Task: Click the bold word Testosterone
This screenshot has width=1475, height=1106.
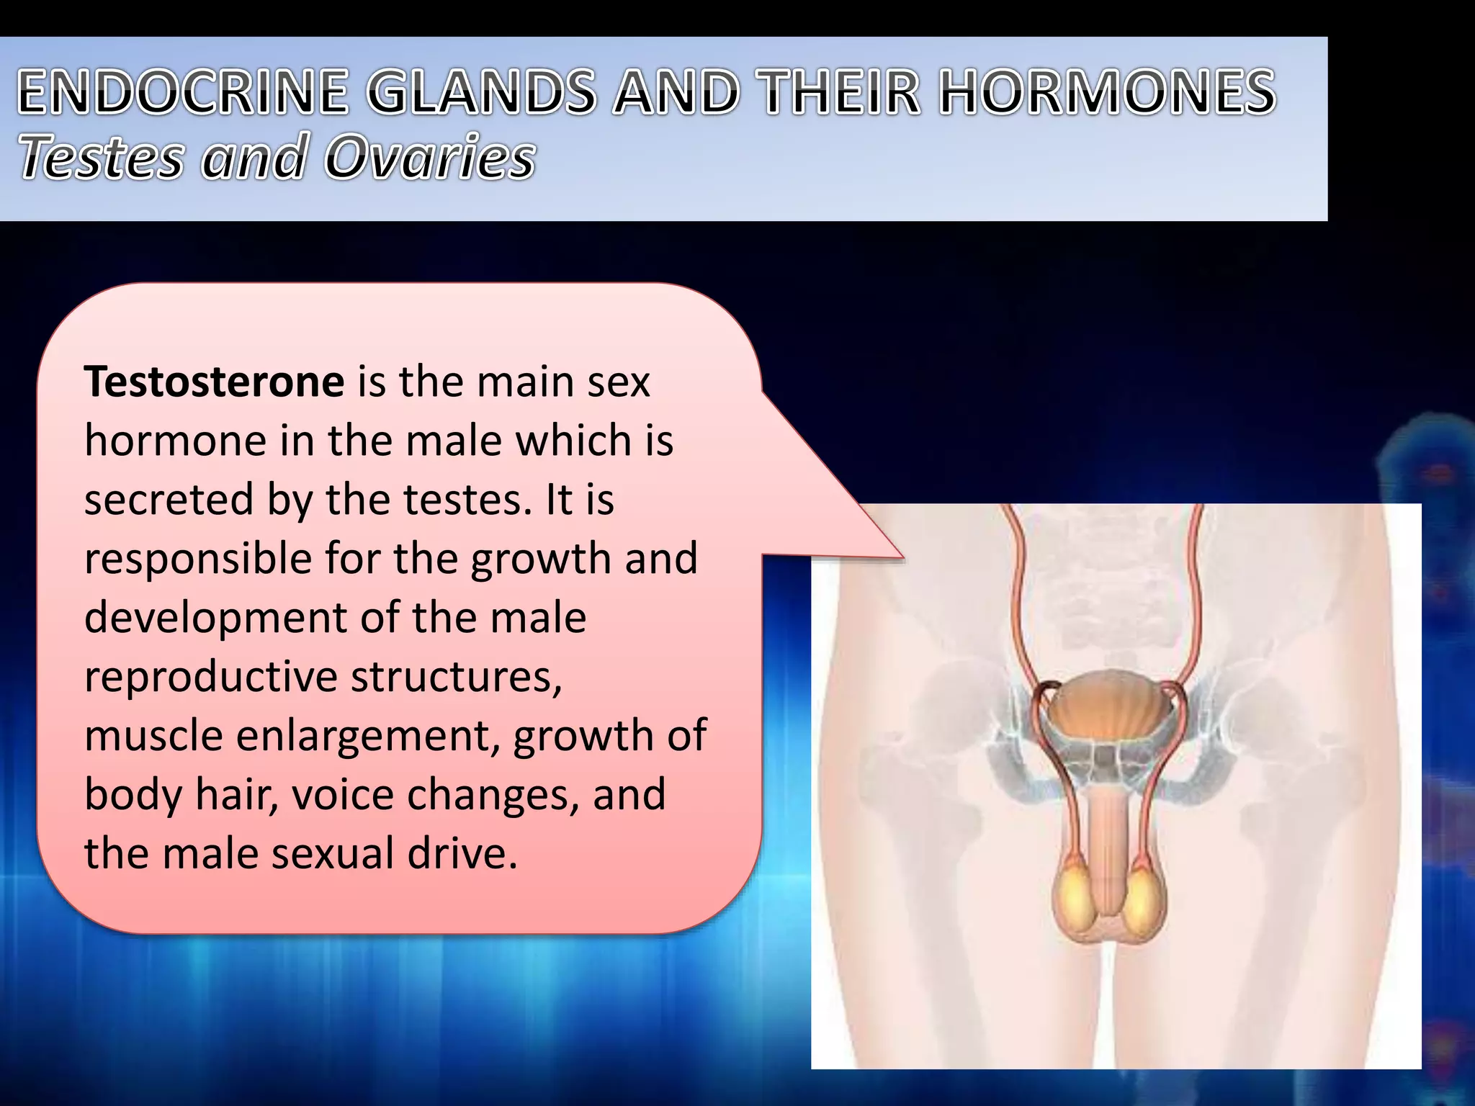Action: tap(214, 382)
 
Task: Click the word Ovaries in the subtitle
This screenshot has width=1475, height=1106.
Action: tap(429, 157)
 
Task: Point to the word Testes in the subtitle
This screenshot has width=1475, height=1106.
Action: tap(101, 157)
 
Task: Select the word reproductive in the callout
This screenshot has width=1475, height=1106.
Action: tap(211, 678)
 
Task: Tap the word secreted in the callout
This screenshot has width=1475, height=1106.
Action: tap(169, 500)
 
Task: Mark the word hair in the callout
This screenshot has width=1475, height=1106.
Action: tap(236, 795)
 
